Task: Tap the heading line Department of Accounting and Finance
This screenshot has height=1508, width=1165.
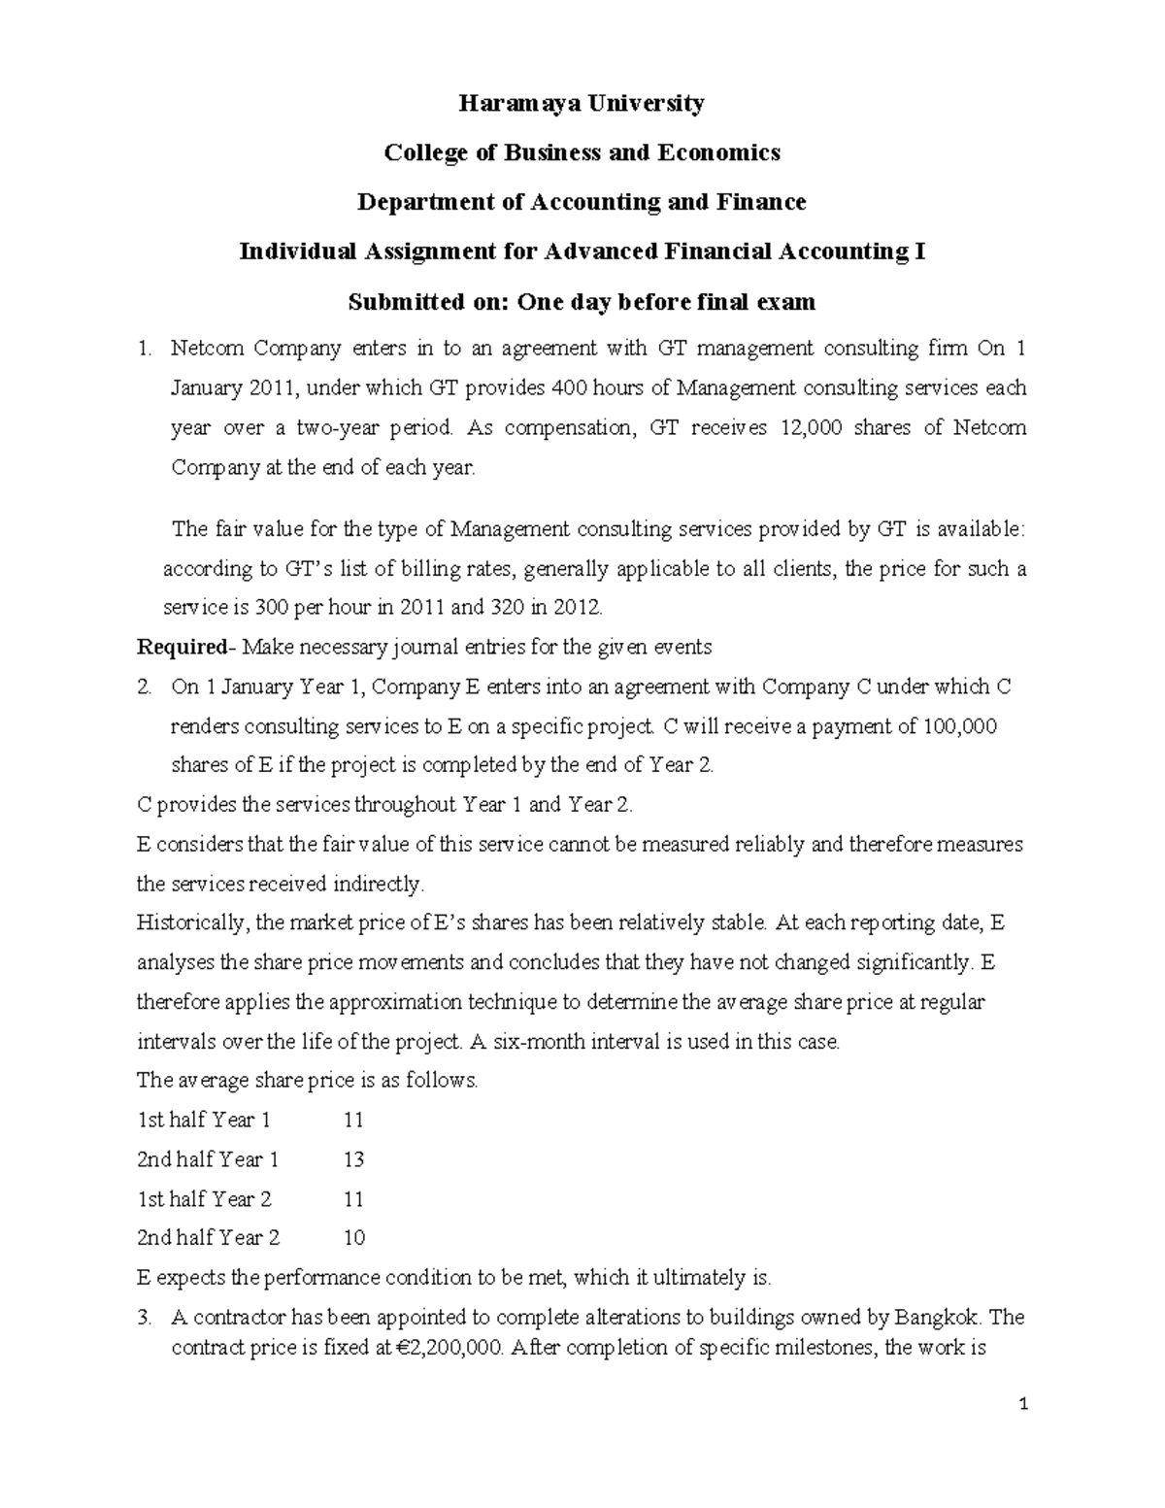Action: (582, 202)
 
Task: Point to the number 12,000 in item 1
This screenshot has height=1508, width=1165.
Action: (811, 427)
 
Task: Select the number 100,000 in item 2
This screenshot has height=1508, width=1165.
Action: (958, 726)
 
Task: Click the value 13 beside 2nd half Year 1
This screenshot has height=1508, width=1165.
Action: (353, 1159)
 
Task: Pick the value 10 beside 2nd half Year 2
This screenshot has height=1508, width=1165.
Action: (353, 1238)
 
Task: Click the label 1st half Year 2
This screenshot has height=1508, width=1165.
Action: (204, 1199)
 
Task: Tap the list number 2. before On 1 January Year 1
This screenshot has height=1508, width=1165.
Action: (145, 687)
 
